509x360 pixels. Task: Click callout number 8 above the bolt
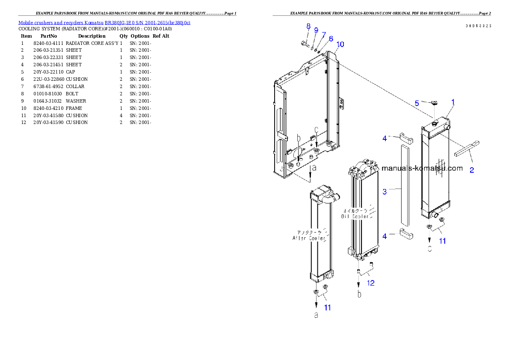(x=308, y=27)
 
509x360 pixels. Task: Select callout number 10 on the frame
(x=340, y=44)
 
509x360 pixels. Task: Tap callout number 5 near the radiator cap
(x=417, y=103)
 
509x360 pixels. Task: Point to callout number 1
(x=453, y=102)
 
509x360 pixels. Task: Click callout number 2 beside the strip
(x=472, y=170)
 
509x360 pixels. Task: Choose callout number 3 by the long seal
(x=385, y=192)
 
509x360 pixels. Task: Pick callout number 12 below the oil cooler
(x=371, y=283)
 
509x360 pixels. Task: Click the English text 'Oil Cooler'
(x=355, y=217)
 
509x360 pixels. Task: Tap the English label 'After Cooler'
(x=308, y=238)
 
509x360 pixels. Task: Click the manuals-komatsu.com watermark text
(x=422, y=168)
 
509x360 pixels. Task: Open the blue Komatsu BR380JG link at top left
(x=104, y=22)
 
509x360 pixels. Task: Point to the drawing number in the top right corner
(x=478, y=26)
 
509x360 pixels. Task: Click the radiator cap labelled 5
(x=434, y=103)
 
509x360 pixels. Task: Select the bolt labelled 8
(x=303, y=43)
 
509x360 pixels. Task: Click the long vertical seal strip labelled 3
(x=405, y=184)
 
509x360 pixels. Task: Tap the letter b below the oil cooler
(x=359, y=295)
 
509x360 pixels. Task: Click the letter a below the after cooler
(x=316, y=316)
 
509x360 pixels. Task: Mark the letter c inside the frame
(x=317, y=130)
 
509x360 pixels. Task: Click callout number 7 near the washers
(x=324, y=34)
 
